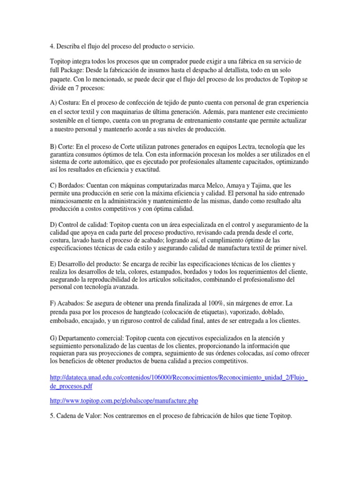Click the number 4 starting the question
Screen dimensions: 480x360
51,46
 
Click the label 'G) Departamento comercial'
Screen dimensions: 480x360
88,338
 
